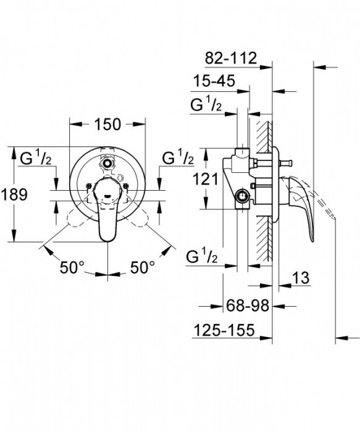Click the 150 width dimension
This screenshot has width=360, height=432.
click(x=107, y=124)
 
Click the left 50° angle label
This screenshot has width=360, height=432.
click(x=73, y=267)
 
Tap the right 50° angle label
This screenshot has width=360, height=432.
click(x=142, y=267)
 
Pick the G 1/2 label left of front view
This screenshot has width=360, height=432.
click(x=38, y=159)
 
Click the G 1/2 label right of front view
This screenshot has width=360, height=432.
click(x=178, y=159)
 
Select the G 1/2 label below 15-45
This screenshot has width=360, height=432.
click(x=206, y=105)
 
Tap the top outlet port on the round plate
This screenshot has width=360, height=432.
click(x=109, y=164)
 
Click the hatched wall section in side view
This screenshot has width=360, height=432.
click(x=266, y=185)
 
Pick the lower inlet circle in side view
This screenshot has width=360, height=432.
click(x=243, y=198)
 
